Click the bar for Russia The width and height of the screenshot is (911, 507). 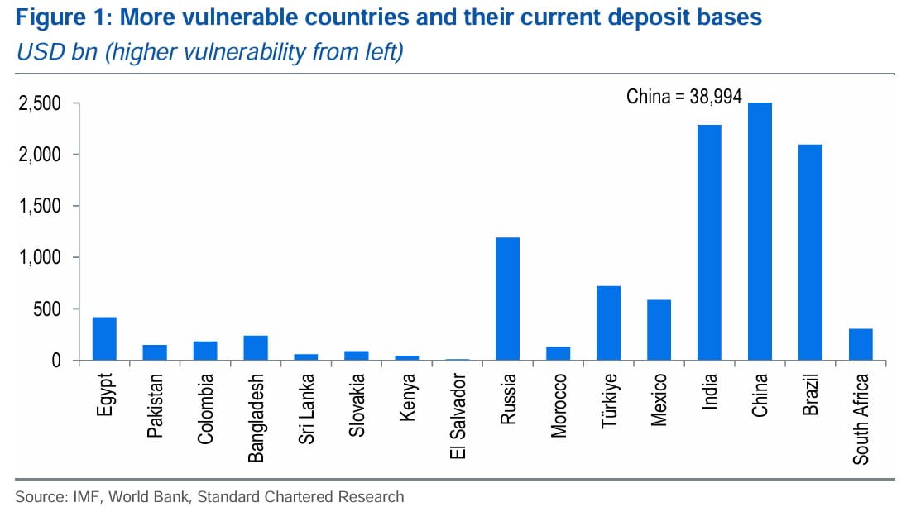coord(507,299)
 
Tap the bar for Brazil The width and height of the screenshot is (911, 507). coord(810,252)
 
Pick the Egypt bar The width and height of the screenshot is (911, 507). coord(104,338)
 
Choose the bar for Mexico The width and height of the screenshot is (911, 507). coord(659,330)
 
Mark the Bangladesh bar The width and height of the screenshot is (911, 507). coord(256,347)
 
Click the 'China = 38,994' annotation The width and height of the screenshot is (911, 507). coord(683,97)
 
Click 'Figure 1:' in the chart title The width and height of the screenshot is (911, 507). coord(51,18)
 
